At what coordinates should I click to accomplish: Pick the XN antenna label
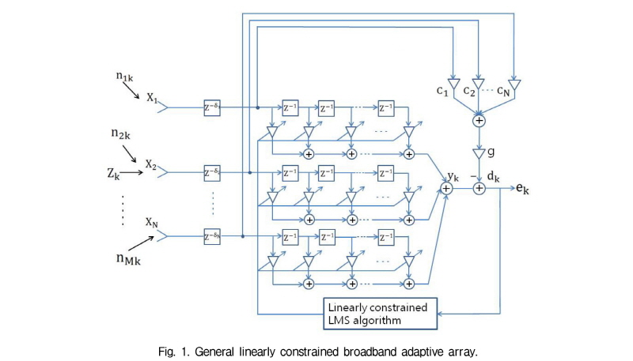pyautogui.click(x=152, y=224)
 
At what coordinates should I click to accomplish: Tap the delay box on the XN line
pyautogui.click(x=211, y=235)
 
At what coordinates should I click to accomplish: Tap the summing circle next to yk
pyautogui.click(x=445, y=189)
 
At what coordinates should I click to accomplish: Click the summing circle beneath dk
pyautogui.click(x=479, y=189)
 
